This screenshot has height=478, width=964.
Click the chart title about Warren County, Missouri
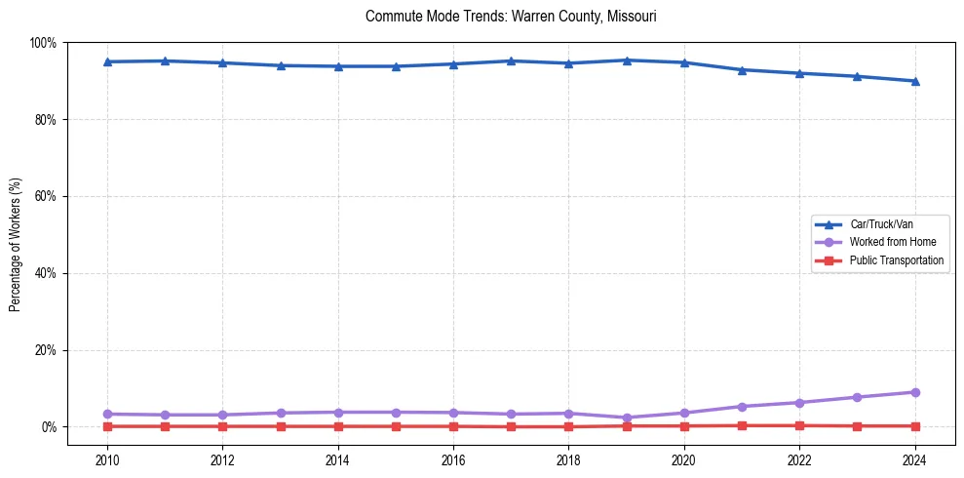pos(511,17)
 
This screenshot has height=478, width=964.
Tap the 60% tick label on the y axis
pos(45,196)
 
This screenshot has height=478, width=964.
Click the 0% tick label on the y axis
pos(48,427)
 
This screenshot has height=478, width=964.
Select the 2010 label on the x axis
pos(107,459)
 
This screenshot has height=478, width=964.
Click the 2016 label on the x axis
pos(453,459)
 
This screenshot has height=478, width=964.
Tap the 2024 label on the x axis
pos(914,459)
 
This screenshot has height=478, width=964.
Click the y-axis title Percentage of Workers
pos(16,244)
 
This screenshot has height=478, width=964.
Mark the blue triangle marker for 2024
pos(914,81)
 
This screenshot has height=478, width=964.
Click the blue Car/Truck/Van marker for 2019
pos(627,60)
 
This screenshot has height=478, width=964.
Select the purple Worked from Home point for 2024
pos(914,392)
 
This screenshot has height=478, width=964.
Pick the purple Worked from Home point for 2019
pos(627,418)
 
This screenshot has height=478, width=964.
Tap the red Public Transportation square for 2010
pos(107,426)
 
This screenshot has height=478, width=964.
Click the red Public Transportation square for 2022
pos(799,425)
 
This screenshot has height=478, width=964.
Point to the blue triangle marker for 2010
pos(107,61)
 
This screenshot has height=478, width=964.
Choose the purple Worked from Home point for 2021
pos(742,406)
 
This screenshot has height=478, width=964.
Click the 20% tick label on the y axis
pos(45,350)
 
